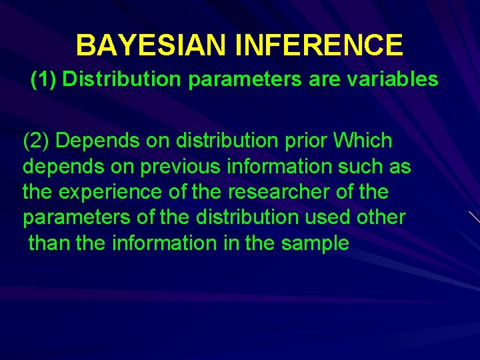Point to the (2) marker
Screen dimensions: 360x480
37,141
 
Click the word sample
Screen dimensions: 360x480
315,243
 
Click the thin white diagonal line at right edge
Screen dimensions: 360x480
473,217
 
